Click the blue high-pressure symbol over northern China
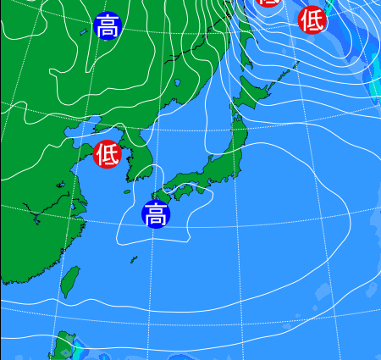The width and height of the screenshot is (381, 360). (107, 26)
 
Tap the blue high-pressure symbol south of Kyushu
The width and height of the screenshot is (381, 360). (156, 214)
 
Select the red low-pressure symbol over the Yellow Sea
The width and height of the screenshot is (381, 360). (108, 154)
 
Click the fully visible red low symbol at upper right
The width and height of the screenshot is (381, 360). (312, 19)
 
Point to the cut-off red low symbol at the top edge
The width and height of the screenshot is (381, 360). (268, 3)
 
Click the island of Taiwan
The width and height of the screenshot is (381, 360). (71, 281)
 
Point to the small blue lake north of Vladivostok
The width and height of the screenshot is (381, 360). (179, 82)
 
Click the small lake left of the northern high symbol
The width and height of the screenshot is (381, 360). (83, 32)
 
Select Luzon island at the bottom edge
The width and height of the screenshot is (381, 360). (64, 347)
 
